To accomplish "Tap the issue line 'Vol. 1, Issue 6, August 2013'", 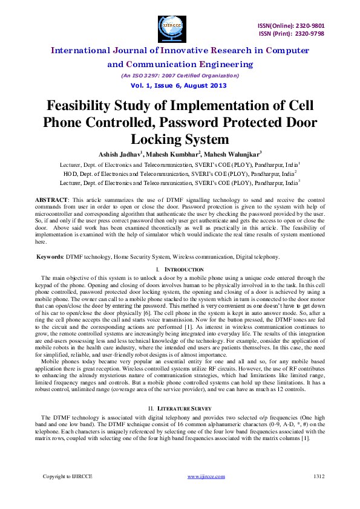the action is click(180, 85).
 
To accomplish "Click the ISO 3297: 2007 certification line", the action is click(180, 76).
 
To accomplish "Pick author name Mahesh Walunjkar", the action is click(232, 153).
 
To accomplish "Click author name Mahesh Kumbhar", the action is click(175, 153).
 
